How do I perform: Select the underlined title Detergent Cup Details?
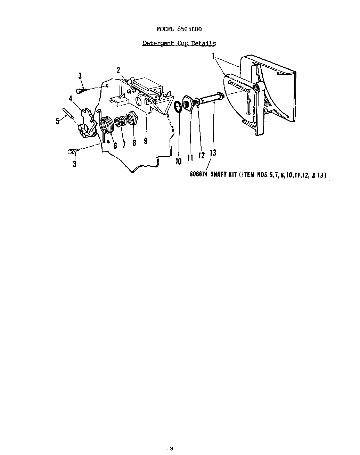(x=179, y=43)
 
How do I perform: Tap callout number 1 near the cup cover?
(x=213, y=56)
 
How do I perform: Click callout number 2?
(x=118, y=70)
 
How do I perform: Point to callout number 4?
(x=71, y=99)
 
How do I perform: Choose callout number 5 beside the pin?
(x=58, y=121)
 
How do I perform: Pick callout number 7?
(x=124, y=144)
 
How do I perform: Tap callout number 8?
(x=134, y=143)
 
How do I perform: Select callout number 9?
(x=146, y=141)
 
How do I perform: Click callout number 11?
(x=190, y=158)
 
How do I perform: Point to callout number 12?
(x=202, y=155)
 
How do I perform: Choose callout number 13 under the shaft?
(x=213, y=152)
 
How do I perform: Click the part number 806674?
(x=198, y=175)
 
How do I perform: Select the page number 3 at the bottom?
(x=171, y=448)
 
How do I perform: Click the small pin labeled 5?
(x=68, y=114)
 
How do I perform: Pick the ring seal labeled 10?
(x=178, y=107)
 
